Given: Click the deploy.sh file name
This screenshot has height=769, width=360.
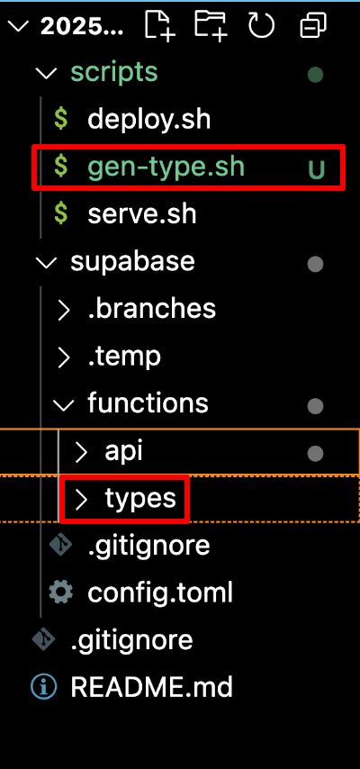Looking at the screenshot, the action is pyautogui.click(x=149, y=120).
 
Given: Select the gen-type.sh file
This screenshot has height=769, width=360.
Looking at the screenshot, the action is pyautogui.click(x=166, y=167).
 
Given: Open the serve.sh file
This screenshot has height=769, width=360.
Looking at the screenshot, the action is pyautogui.click(x=142, y=213).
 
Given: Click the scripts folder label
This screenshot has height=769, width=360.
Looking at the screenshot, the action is pyautogui.click(x=114, y=73).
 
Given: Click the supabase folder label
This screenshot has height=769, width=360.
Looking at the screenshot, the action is pyautogui.click(x=132, y=261).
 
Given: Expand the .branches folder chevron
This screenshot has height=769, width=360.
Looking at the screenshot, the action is pyautogui.click(x=64, y=310).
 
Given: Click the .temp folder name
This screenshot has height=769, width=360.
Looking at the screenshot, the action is pyautogui.click(x=124, y=357).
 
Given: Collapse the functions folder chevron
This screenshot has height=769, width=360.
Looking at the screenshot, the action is pyautogui.click(x=63, y=404).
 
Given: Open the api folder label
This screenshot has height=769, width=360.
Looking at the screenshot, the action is pyautogui.click(x=123, y=452).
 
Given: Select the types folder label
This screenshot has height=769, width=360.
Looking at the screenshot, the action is pyautogui.click(x=140, y=499).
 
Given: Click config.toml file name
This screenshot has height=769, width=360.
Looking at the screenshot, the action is pyautogui.click(x=160, y=593).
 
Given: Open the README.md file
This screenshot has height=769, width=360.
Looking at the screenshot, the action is pyautogui.click(x=151, y=688).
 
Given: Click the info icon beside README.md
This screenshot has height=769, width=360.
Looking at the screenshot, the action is pyautogui.click(x=43, y=688).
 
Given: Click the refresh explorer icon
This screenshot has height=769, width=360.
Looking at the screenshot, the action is pyautogui.click(x=261, y=25).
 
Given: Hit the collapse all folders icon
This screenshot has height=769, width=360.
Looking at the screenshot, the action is pyautogui.click(x=312, y=25).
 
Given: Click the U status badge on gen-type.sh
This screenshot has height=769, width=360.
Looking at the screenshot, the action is pyautogui.click(x=316, y=169).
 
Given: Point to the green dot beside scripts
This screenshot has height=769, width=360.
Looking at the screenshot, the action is pyautogui.click(x=315, y=75).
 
